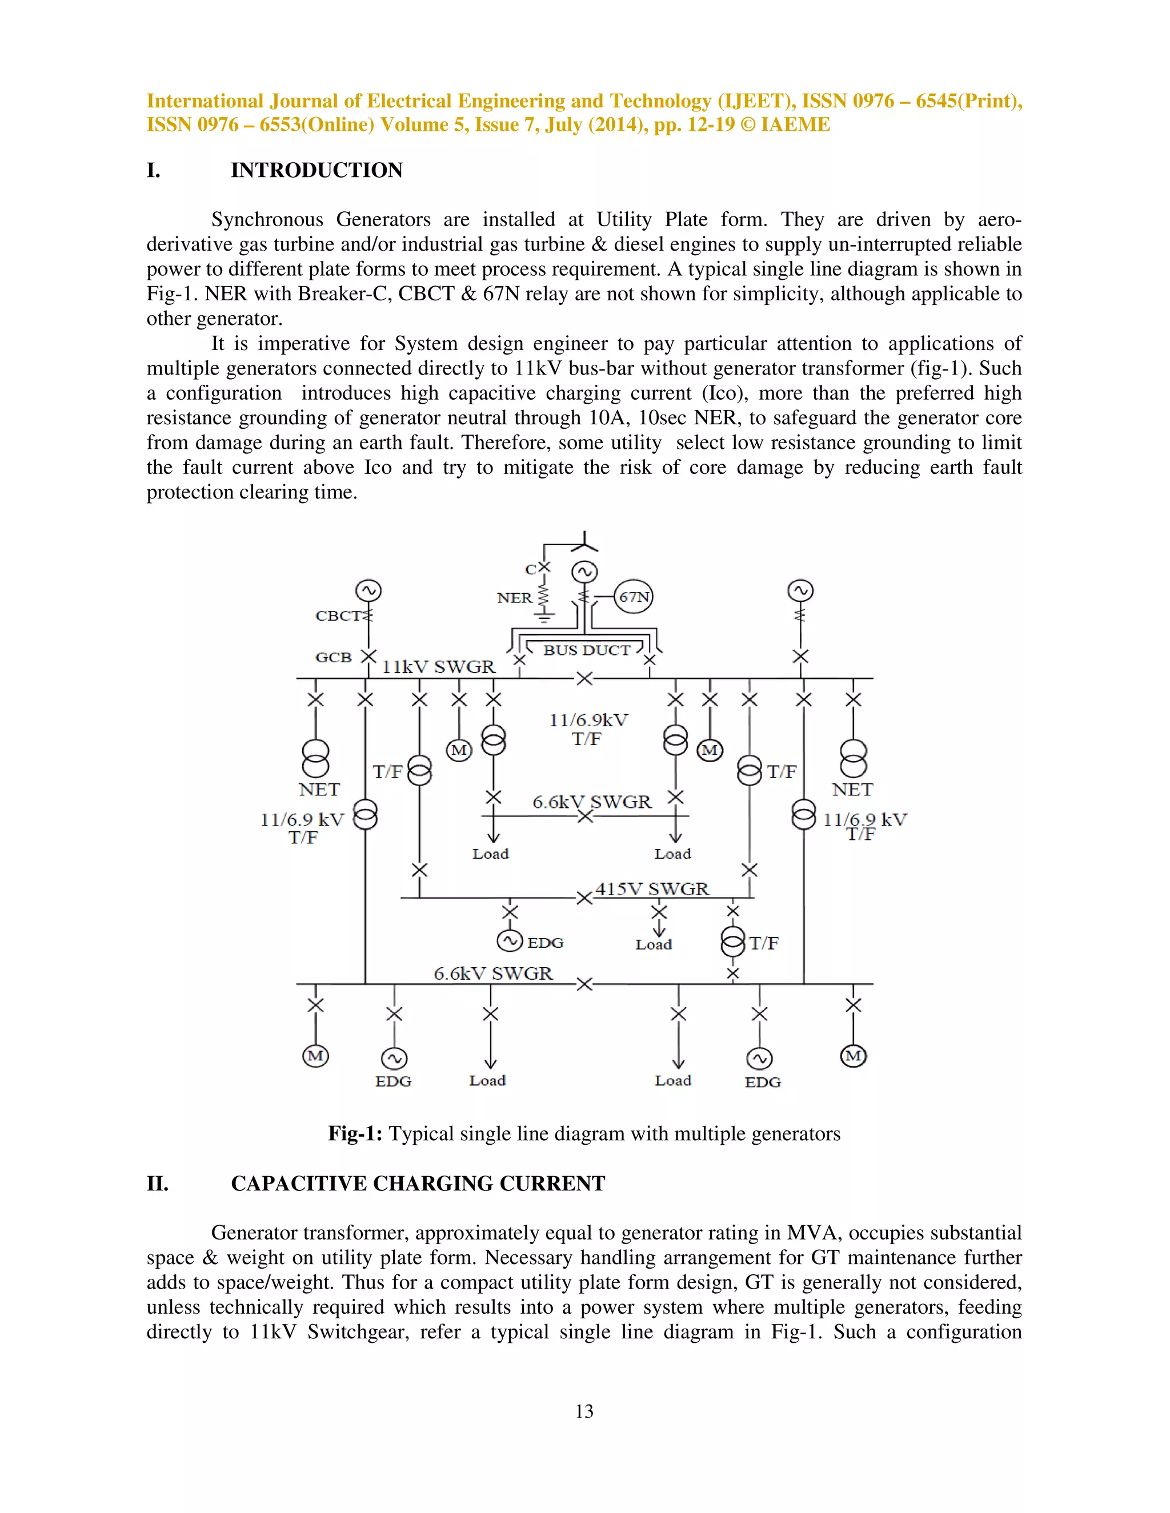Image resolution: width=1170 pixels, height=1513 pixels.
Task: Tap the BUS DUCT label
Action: click(x=586, y=650)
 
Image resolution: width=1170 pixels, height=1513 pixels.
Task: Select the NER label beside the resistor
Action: click(x=514, y=598)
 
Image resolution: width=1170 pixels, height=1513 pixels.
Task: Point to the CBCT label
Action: click(x=338, y=615)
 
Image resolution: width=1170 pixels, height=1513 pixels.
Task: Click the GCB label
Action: click(x=334, y=657)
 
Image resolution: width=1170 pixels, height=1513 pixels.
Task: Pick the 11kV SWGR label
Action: click(x=439, y=666)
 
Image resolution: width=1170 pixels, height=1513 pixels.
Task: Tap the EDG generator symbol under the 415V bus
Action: click(x=510, y=941)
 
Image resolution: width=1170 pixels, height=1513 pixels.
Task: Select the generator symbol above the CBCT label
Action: click(x=368, y=591)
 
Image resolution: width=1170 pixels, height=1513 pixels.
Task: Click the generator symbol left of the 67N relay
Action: click(x=584, y=572)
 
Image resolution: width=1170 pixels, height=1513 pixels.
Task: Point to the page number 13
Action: click(x=584, y=1411)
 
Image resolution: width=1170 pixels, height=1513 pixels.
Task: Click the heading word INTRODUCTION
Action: click(x=316, y=170)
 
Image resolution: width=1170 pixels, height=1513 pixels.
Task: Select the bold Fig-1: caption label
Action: click(x=355, y=1133)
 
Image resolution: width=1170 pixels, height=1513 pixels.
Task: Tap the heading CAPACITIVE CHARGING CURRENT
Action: click(x=418, y=1183)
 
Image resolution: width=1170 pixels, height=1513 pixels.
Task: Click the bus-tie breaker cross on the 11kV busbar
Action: click(x=584, y=678)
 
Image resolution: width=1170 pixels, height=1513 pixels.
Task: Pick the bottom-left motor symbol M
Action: click(x=315, y=1056)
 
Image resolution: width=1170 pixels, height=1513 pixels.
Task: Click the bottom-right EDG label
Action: click(x=763, y=1082)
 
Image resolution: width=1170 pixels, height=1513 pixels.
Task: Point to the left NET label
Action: click(x=319, y=790)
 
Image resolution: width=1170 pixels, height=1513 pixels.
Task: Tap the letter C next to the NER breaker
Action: click(x=530, y=569)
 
